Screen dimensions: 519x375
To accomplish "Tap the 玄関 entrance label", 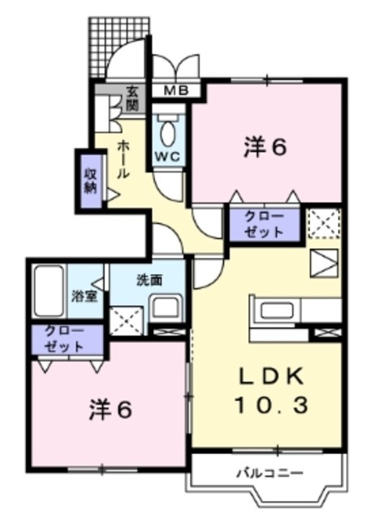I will click(131, 99).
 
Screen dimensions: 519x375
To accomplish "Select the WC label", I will click(169, 154).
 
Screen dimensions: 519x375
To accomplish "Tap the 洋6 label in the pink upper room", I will click(266, 148).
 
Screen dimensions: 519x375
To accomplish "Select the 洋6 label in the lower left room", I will click(110, 411).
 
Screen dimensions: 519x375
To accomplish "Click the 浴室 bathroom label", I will click(84, 295).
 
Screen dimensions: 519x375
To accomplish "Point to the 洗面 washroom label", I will click(149, 281).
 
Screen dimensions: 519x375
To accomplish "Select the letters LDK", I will click(271, 376).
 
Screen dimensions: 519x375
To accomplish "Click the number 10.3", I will click(271, 405).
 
